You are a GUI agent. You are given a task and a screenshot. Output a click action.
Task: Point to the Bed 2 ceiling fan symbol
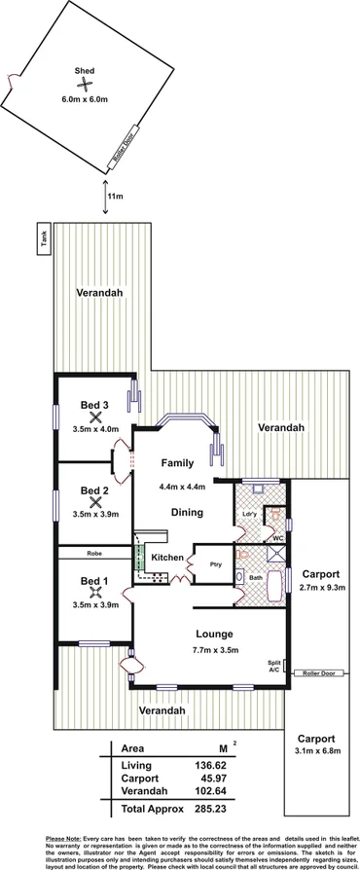coord(94,502)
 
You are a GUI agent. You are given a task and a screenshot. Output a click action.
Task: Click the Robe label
coord(94,553)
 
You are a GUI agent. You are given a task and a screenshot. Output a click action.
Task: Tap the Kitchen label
coord(166,557)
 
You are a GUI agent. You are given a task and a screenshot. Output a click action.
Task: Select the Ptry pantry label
coord(214,562)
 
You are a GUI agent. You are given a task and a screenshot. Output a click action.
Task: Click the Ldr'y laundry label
coord(249,513)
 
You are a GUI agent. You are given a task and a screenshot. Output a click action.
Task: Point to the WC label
coord(277,538)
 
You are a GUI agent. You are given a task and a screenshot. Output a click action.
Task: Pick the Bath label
coord(256,577)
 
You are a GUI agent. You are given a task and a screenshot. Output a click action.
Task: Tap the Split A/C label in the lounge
coord(274,666)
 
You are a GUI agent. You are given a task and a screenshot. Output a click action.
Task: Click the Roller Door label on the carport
coord(316,671)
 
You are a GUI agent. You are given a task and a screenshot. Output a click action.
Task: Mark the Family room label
coord(178,463)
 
